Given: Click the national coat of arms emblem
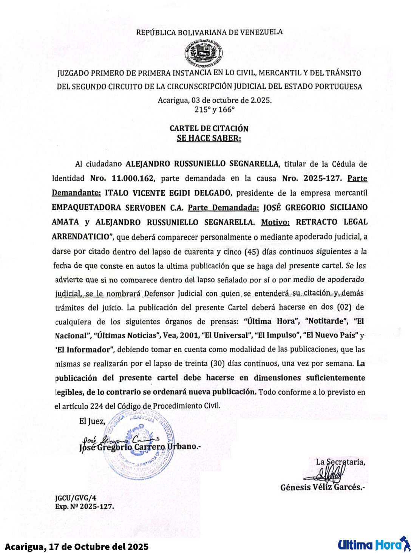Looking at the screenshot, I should pos(203,53).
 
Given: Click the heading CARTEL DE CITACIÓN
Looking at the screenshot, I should pos(209,129).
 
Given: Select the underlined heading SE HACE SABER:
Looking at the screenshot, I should pos(209,138).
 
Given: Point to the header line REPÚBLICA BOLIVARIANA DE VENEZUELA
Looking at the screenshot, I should pos(209,33).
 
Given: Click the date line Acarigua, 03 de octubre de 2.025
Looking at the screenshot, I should pos(215,101).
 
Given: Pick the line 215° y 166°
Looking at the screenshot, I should pos(215,110).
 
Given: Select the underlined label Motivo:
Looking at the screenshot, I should pos(275,222).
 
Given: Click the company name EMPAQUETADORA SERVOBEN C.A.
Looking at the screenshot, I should pos(117,208).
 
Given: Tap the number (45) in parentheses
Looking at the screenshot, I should pos(252,251).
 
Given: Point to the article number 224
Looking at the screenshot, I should pos(97,406).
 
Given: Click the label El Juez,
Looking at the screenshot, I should pos(92,421).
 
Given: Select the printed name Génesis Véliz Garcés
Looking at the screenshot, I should pos(322,488).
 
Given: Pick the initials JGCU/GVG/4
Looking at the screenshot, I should pos(76,498).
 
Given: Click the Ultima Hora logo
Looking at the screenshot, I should pos(374,545).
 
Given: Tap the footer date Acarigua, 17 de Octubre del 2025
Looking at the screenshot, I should pos(77,547).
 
